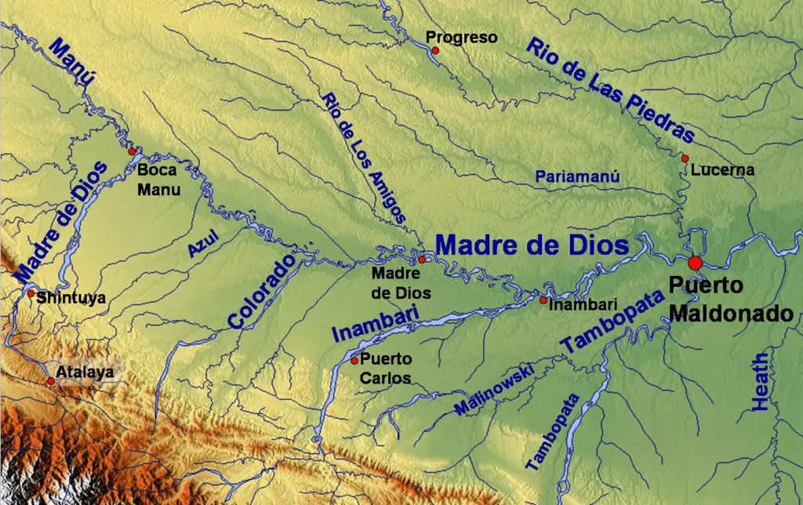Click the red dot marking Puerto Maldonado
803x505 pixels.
[695, 263]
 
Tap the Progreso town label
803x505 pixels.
[461, 37]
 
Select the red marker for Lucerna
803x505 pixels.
[685, 158]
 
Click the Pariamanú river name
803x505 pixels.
[578, 177]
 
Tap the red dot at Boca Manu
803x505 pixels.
[132, 151]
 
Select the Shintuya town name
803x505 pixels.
[71, 298]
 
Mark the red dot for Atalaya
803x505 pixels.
[51, 381]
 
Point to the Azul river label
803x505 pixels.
[202, 244]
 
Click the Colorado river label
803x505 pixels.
[262, 290]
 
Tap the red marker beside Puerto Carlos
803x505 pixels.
[354, 361]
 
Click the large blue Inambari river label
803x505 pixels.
[376, 322]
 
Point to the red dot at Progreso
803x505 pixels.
[435, 50]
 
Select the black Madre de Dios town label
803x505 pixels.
[396, 282]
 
